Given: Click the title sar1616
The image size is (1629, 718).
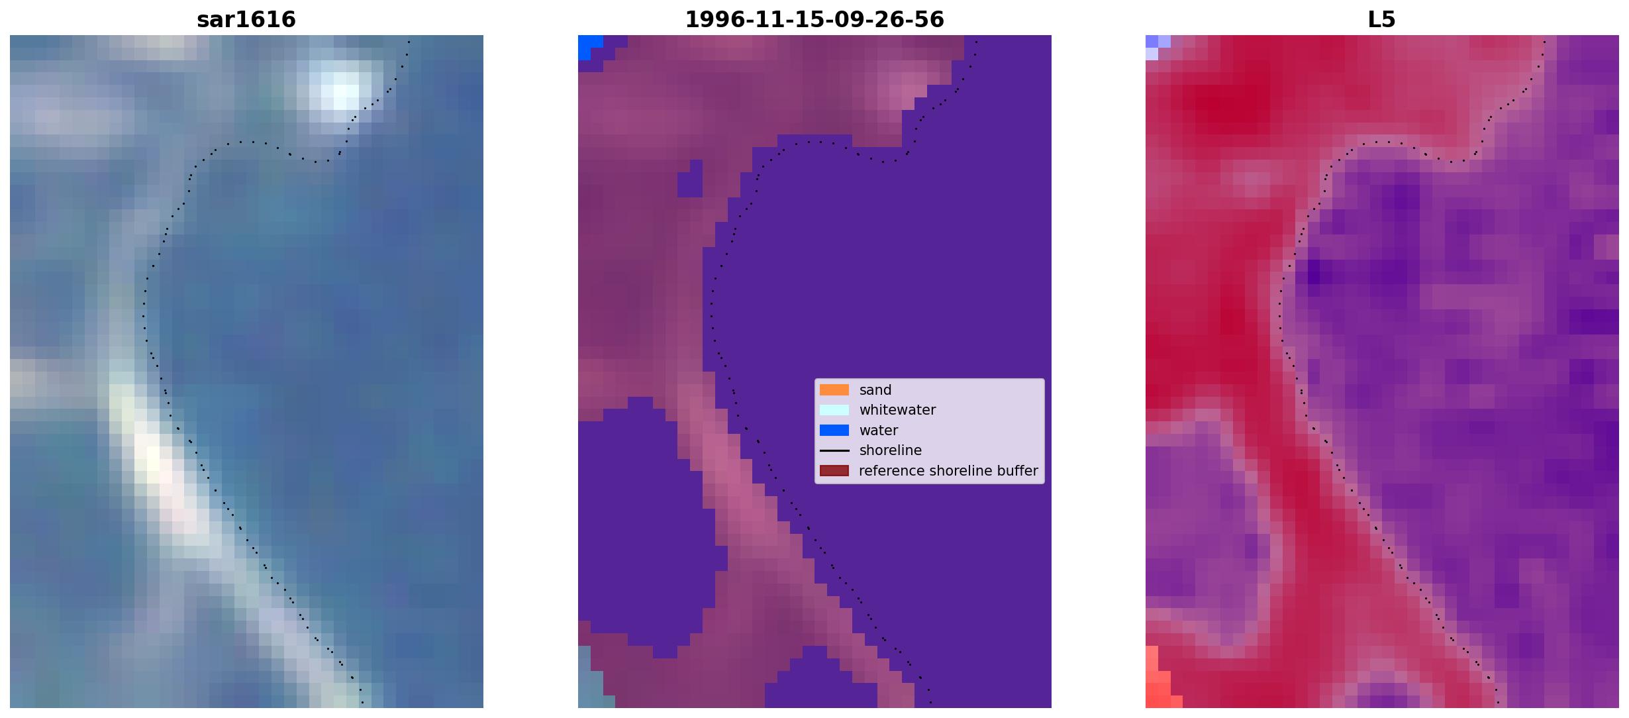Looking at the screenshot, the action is [246, 19].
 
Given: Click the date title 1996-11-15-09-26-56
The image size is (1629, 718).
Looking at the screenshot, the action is [814, 19].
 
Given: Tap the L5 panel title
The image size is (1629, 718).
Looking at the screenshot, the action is [1382, 19].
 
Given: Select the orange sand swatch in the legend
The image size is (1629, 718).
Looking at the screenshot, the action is [834, 390].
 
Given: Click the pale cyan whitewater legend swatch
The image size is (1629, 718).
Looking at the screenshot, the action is [834, 410].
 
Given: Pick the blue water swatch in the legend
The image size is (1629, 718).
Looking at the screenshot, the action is [834, 431].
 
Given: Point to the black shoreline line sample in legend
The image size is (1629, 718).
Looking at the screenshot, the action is [834, 450].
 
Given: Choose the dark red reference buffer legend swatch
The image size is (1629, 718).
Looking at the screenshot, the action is [834, 471].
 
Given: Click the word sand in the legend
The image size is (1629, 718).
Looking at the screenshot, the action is [875, 390].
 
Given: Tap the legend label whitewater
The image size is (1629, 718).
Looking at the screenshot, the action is [897, 410].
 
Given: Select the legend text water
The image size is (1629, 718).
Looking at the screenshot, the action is [879, 431].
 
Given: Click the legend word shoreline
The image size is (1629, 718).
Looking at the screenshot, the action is [891, 450].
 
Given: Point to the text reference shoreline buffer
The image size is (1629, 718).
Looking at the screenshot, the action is [948, 471].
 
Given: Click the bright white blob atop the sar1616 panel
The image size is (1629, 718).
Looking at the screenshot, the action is [342, 90].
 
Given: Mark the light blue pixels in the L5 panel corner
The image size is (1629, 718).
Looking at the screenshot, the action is [1156, 46].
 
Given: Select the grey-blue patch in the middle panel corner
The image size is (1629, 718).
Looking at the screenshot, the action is [592, 679].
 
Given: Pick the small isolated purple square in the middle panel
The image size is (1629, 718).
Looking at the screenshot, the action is [690, 178].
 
